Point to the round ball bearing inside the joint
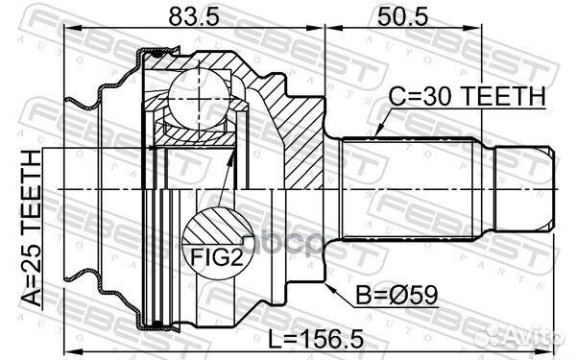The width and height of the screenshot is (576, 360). click(x=198, y=93)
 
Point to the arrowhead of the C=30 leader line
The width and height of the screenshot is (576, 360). click(x=378, y=132)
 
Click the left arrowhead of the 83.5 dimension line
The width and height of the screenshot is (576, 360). click(x=66, y=31)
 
